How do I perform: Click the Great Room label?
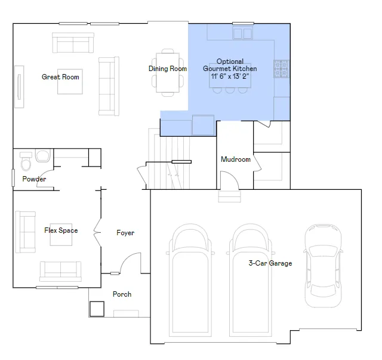(60, 77)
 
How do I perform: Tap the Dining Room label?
(168, 69)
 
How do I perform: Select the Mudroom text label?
(236, 159)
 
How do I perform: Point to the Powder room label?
(34, 179)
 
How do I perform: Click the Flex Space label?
(61, 230)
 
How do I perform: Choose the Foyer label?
(125, 233)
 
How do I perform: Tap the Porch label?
(122, 294)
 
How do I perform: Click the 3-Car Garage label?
(270, 263)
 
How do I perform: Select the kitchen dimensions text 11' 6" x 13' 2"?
(230, 76)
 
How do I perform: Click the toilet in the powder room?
(26, 161)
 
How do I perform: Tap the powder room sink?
(43, 155)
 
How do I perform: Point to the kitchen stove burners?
(282, 69)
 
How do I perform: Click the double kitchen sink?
(243, 33)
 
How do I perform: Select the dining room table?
(168, 73)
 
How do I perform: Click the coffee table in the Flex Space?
(61, 235)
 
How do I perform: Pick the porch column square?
(97, 309)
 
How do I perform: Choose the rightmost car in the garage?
(324, 266)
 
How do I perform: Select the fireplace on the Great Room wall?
(19, 87)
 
